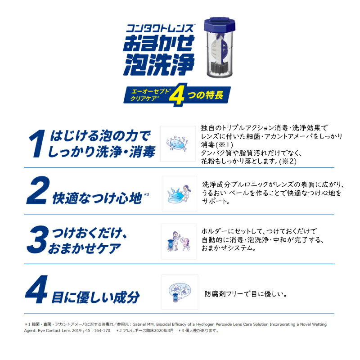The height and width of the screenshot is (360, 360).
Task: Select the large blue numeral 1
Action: click(37, 143)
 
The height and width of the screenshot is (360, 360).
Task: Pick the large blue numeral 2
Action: click(38, 190)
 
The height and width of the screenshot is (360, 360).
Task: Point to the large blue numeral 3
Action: click(38, 239)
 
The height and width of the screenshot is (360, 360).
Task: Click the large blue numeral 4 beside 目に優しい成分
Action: click(36, 289)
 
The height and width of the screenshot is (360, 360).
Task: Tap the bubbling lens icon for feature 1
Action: click(177, 144)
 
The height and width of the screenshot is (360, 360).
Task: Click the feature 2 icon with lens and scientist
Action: click(180, 194)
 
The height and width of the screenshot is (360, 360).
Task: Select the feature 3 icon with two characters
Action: click(179, 242)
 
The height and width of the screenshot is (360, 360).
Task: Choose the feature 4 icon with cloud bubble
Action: click(180, 292)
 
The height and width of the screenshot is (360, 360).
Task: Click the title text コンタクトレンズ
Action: click(161, 28)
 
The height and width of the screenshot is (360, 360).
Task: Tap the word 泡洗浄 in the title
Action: click(159, 64)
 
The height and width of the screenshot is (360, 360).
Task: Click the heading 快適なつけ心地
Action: click(97, 198)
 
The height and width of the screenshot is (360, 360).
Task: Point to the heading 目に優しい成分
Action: click(95, 297)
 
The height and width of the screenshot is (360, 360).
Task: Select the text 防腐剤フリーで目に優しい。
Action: click(246, 294)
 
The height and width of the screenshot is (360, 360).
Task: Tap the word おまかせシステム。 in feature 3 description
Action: click(229, 248)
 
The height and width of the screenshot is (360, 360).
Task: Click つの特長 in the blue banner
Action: click(206, 95)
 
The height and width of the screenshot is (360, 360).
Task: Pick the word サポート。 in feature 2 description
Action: click(216, 201)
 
